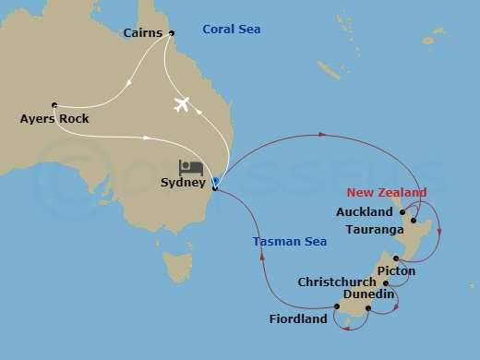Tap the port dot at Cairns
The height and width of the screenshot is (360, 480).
click(x=172, y=33)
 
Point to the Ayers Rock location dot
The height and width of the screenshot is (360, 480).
click(x=54, y=104)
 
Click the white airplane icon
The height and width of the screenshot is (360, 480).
click(x=182, y=102)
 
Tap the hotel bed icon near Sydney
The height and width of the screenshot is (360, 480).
click(x=192, y=167)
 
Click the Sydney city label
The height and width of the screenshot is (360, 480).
click(x=183, y=183)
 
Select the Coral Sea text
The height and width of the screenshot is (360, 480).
click(x=233, y=30)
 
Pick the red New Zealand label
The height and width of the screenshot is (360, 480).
click(x=387, y=192)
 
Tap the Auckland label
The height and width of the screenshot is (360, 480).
click(x=366, y=212)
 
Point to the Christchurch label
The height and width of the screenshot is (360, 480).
click(x=337, y=282)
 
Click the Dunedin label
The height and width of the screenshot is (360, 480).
click(x=368, y=294)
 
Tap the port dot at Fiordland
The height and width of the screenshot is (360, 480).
click(x=336, y=306)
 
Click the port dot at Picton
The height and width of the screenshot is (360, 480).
click(x=395, y=259)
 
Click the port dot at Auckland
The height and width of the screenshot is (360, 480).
click(x=402, y=212)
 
